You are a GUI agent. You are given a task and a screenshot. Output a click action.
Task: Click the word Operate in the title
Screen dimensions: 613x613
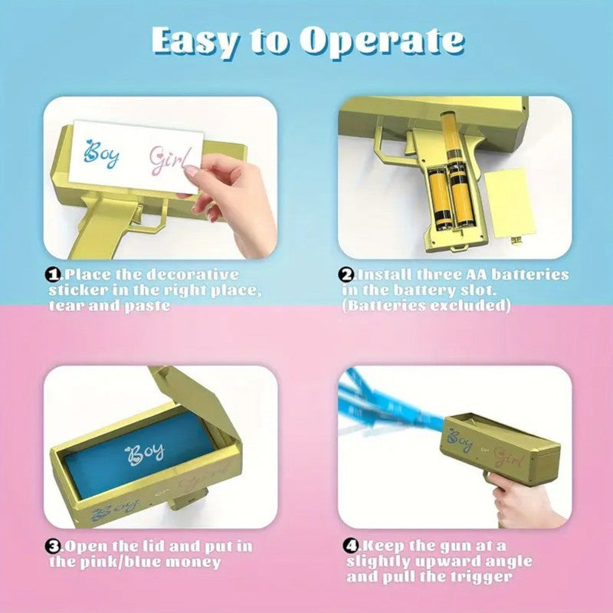coord(382,41)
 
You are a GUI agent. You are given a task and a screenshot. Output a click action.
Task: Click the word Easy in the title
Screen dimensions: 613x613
coord(194,41)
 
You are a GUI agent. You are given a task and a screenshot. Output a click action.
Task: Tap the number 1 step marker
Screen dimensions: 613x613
coord(53,275)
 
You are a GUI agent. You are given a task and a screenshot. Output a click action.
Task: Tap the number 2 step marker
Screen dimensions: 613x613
coord(346,275)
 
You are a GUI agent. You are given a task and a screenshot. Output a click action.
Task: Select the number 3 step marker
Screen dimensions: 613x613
coord(53,546)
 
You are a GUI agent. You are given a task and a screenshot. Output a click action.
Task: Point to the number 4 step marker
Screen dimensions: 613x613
coord(351,546)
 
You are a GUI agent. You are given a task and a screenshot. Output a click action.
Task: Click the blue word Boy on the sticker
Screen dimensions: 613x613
coord(102,153)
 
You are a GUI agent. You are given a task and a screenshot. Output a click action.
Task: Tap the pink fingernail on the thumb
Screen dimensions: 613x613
coord(192,171)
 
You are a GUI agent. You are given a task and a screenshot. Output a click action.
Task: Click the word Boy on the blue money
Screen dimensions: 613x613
coord(144,454)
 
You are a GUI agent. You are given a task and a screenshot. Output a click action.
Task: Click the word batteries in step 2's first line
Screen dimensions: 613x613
coord(529,274)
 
